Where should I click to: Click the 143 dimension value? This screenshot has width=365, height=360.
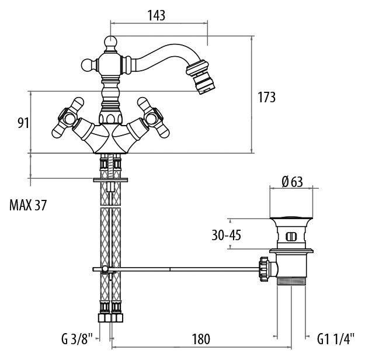pos(156,15)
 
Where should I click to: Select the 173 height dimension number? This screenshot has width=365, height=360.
pos(266,97)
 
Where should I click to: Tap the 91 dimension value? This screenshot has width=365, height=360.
pos(23,123)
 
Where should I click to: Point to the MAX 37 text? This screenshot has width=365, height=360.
pos(28,205)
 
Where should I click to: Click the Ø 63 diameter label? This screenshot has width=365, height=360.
pos(292,182)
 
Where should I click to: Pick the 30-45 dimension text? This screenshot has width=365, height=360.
pos(226,235)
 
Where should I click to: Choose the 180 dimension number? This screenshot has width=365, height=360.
pos(201,339)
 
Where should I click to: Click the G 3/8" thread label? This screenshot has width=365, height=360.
pos(77,339)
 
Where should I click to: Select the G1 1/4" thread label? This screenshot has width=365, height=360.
pos(336,339)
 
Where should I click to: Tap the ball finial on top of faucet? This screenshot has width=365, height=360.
pos(110,42)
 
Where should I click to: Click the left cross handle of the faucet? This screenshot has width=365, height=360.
pos(68,118)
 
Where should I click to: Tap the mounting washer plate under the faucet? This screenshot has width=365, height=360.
pos(110,180)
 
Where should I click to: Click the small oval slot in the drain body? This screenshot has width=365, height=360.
pos(291,237)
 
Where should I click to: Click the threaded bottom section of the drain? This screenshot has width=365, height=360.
pos(291,282)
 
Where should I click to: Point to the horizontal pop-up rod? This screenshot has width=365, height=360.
pos(176,269)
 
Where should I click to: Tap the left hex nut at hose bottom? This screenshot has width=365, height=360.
pos(105,317)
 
